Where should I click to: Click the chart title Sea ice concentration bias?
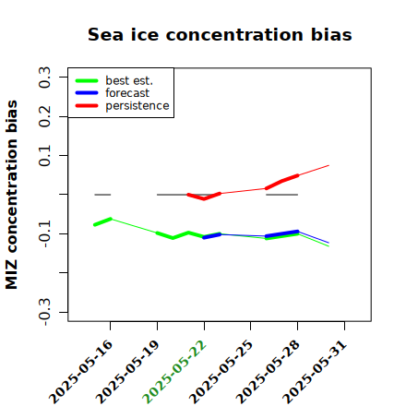220,34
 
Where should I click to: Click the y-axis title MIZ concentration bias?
12,195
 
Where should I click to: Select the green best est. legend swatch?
87,81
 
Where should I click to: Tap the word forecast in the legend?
127,93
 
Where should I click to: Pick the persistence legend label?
137,106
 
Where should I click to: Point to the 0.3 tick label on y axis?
45,78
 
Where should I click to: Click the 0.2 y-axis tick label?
45,116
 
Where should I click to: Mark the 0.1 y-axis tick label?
45,156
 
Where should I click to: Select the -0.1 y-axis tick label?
45,234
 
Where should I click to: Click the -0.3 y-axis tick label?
45,313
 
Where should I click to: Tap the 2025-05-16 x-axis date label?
80,372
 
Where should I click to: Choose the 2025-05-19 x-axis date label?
127,372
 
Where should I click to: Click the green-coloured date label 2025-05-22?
174,372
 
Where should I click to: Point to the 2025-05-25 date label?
221,372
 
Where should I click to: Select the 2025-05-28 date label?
268,372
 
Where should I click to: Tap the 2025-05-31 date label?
315,372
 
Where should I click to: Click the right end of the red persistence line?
328,165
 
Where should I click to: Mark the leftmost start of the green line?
95,225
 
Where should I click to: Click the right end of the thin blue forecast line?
328,243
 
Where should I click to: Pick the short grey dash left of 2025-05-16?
102,195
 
